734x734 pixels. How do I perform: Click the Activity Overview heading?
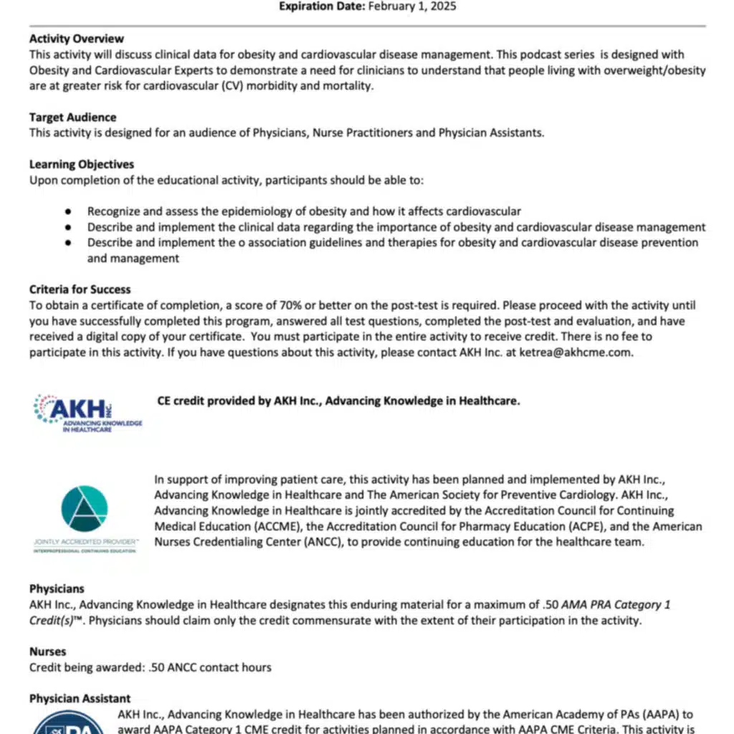(76, 39)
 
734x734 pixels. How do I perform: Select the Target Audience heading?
(72, 117)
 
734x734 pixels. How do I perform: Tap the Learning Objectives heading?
(81, 164)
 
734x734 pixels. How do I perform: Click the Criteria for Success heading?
(80, 290)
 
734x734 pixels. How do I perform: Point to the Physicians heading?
(57, 588)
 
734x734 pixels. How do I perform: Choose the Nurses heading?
(47, 652)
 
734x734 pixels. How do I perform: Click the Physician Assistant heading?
(80, 698)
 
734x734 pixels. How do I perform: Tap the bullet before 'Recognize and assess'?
(68, 211)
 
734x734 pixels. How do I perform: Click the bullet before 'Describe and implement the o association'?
(68, 243)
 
